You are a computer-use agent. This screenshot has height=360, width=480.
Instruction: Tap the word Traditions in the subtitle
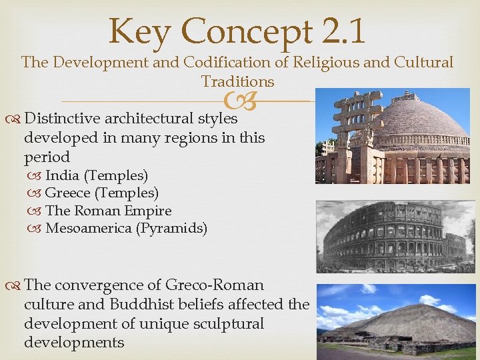[x=237, y=82]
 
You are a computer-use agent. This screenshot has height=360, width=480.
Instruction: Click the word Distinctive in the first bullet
[x=63, y=119]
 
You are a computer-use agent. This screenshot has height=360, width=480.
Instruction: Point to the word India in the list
[x=63, y=175]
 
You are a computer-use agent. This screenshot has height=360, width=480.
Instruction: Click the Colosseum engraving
[x=393, y=237]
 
